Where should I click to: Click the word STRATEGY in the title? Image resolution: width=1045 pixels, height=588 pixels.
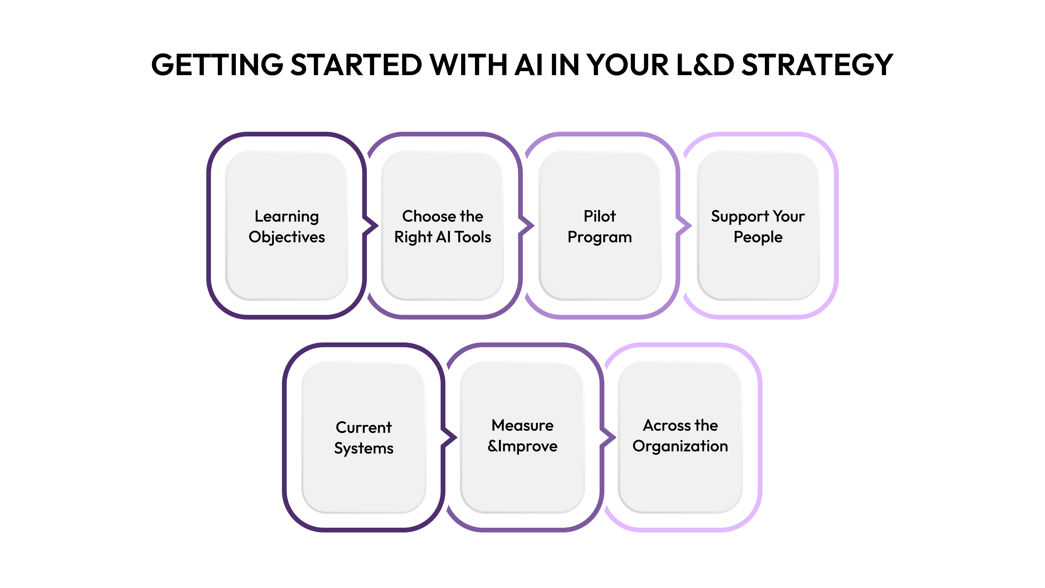(817, 65)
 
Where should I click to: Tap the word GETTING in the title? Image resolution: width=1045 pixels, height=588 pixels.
(217, 65)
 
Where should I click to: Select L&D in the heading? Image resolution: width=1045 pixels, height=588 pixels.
(705, 65)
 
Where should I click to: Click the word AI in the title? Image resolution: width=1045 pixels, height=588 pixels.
(528, 65)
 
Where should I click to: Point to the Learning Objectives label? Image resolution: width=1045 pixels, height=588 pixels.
(287, 226)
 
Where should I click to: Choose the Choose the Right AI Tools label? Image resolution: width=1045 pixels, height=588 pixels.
(443, 226)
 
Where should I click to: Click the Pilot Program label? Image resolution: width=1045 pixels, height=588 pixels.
(599, 226)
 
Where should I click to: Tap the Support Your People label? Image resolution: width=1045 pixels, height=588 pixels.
(758, 226)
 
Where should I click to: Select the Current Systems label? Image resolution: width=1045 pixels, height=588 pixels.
(364, 437)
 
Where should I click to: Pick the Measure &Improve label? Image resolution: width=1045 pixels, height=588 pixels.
(522, 436)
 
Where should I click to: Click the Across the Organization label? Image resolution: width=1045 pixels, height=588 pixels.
(680, 436)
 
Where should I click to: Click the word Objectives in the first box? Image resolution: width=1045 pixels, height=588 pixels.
(287, 237)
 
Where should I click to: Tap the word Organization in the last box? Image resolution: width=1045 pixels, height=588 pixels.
(680, 446)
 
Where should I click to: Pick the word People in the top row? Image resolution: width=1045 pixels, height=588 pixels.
(758, 237)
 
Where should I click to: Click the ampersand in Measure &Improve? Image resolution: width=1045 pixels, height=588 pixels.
(492, 446)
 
